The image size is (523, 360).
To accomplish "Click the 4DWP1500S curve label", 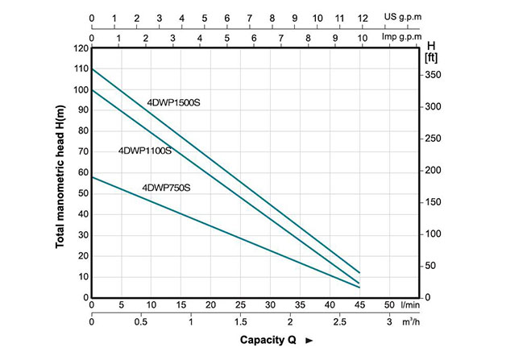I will pyautogui.click(x=173, y=102).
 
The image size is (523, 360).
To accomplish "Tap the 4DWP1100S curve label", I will pyautogui.click(x=145, y=151).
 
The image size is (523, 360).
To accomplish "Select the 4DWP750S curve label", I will pyautogui.click(x=166, y=188).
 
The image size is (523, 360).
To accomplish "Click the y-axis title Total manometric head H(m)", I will pyautogui.click(x=60, y=172).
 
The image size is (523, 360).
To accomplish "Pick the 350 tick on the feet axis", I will pyautogui.click(x=434, y=75).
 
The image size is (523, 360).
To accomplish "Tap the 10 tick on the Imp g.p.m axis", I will pyautogui.click(x=362, y=37).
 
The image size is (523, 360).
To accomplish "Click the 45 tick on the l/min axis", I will pyautogui.click(x=359, y=304).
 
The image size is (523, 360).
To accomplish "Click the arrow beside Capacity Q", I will pyautogui.click(x=309, y=341).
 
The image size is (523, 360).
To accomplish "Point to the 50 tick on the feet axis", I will pyautogui.click(x=431, y=266).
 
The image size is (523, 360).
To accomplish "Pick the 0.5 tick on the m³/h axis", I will pyautogui.click(x=140, y=322).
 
